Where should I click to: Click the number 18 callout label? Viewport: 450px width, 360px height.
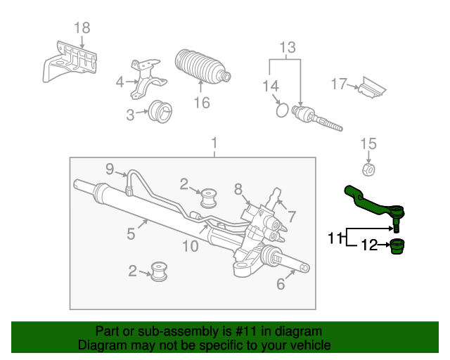(x=82, y=28)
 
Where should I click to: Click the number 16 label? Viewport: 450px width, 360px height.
(x=202, y=103)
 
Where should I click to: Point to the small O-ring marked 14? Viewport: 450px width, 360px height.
(x=281, y=110)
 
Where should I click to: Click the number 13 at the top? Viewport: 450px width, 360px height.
(x=288, y=48)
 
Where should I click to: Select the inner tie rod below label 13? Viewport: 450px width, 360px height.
(x=316, y=119)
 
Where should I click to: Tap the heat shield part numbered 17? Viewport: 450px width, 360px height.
(x=371, y=87)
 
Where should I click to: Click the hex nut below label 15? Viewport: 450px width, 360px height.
(x=368, y=170)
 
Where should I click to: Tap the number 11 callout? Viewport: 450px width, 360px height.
(x=335, y=238)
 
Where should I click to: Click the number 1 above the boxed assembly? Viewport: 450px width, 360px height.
(x=214, y=145)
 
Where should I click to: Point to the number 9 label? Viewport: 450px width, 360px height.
(x=110, y=168)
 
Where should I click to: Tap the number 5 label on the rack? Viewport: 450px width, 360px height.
(x=131, y=233)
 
